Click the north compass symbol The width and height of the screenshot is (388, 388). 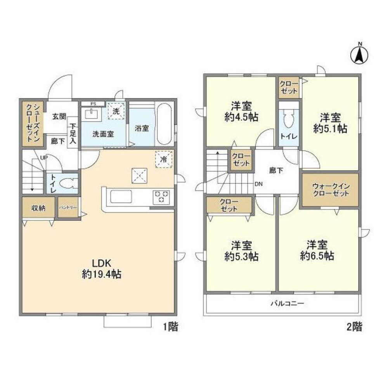click(x=359, y=54)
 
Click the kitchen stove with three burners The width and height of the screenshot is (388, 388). click(x=161, y=196)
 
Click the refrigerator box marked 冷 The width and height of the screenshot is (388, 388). click(x=163, y=159)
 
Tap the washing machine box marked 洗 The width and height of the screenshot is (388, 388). click(x=116, y=110)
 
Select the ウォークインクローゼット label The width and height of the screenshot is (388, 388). click(x=331, y=190)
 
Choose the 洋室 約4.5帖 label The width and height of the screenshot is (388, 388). click(x=242, y=111)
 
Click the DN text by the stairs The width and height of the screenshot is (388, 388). click(x=258, y=184)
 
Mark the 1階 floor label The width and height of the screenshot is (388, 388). click(x=170, y=327)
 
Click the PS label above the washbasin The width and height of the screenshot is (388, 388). click(x=93, y=104)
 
